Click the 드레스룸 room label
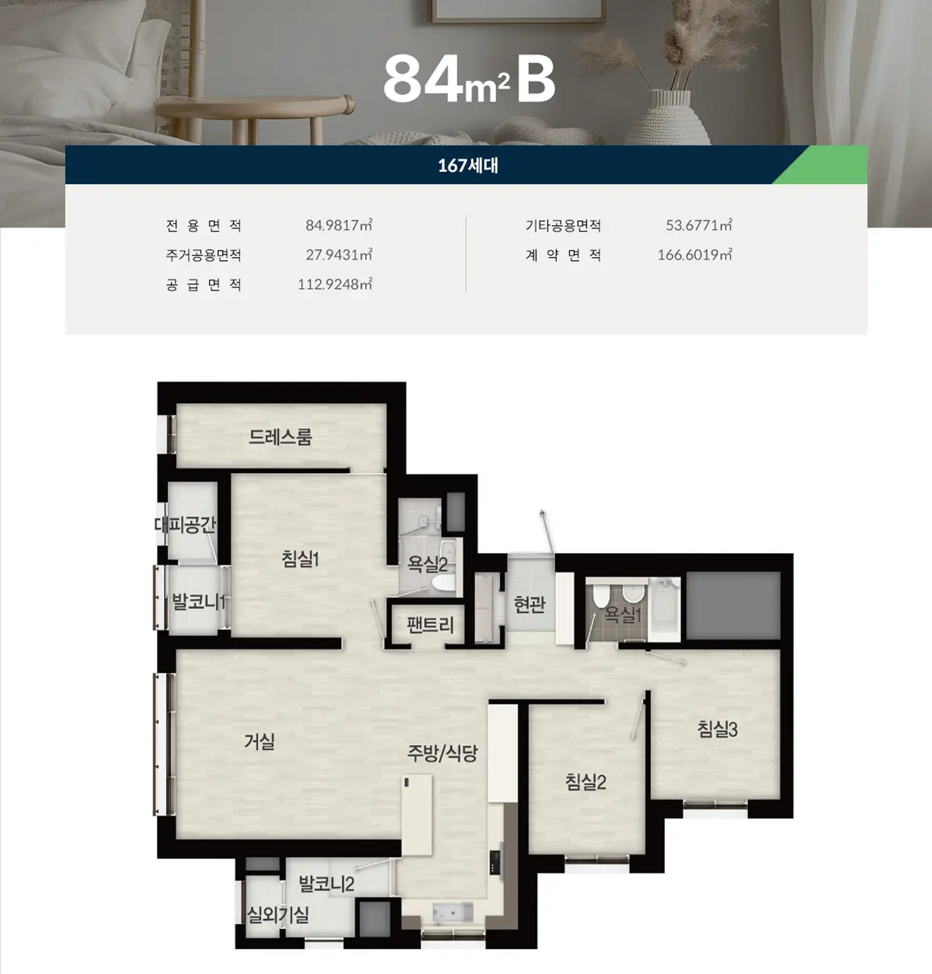click(280, 437)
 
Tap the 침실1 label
click(301, 558)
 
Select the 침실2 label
click(586, 781)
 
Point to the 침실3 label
click(718, 729)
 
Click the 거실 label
click(259, 741)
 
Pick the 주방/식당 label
click(443, 753)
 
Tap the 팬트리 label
click(430, 624)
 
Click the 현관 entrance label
click(530, 604)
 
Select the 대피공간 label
click(185, 524)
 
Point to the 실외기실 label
click(278, 915)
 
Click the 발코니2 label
click(326, 884)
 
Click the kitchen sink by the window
click(453, 913)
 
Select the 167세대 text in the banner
click(468, 165)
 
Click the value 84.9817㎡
click(339, 225)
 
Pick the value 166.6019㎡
click(695, 255)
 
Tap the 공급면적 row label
click(203, 285)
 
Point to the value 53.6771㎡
click(699, 225)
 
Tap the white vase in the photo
click(666, 118)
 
